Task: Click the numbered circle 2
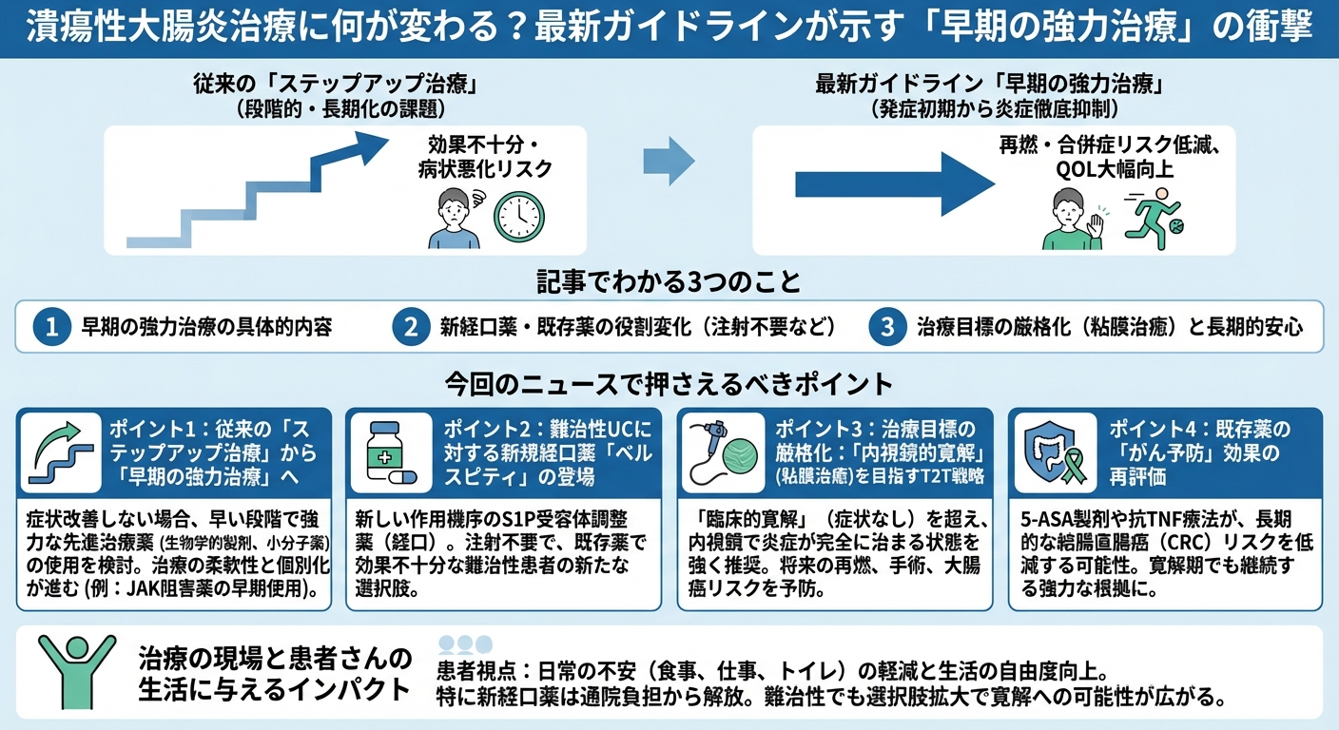click(x=410, y=327)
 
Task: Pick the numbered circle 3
click(x=886, y=327)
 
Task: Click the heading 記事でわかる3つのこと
click(x=669, y=282)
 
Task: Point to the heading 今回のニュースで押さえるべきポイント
click(x=669, y=384)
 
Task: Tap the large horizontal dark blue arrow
click(x=888, y=182)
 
